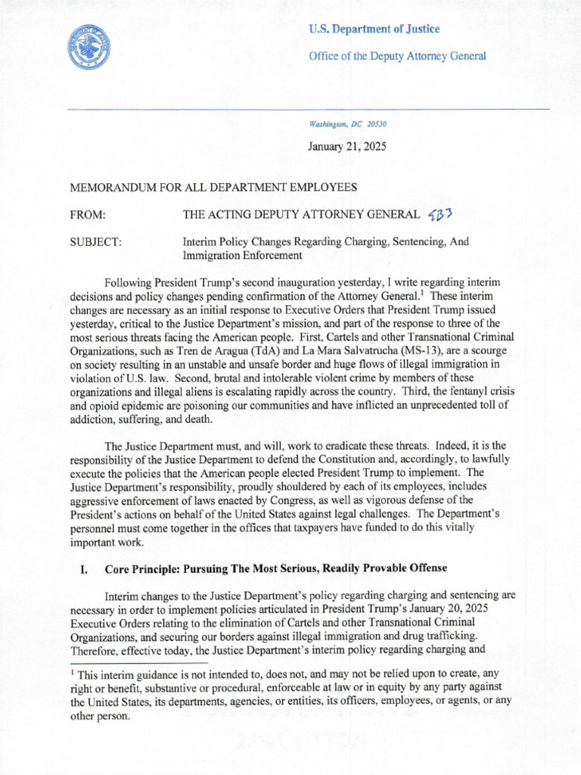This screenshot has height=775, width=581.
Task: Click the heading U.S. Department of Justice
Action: (x=374, y=29)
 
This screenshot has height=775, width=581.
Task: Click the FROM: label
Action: (x=87, y=216)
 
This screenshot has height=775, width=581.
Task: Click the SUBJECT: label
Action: (x=95, y=243)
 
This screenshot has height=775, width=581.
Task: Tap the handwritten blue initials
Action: (x=439, y=216)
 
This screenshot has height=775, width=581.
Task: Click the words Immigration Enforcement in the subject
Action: (x=242, y=256)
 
